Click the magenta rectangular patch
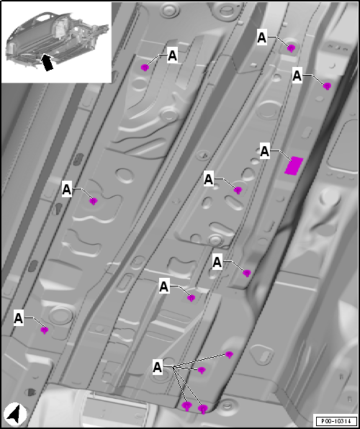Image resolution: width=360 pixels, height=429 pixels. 294,166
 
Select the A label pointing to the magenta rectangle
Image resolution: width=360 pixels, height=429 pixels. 265,152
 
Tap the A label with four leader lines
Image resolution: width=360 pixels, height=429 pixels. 158,367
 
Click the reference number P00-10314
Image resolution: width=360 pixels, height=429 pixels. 336,420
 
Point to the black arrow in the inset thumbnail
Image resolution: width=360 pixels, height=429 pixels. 48,62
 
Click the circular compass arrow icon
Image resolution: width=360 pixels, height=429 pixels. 16,413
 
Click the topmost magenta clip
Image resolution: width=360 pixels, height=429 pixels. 291,48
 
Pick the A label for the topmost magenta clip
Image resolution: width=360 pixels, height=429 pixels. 261,37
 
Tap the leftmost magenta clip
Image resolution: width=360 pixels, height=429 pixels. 44,330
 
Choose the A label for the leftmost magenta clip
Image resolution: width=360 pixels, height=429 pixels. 18,318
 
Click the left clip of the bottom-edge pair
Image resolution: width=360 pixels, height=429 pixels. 186,406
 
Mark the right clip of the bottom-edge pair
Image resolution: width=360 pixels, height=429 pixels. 202,410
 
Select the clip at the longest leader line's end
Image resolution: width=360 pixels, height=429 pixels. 229,355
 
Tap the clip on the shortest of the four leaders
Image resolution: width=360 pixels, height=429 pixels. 202,371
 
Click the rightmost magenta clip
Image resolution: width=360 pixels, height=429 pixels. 327,86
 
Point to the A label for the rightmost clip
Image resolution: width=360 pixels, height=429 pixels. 297,76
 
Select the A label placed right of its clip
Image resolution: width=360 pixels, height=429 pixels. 173,56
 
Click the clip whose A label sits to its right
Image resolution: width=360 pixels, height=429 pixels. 145,68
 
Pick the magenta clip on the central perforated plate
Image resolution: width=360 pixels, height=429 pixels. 238,190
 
